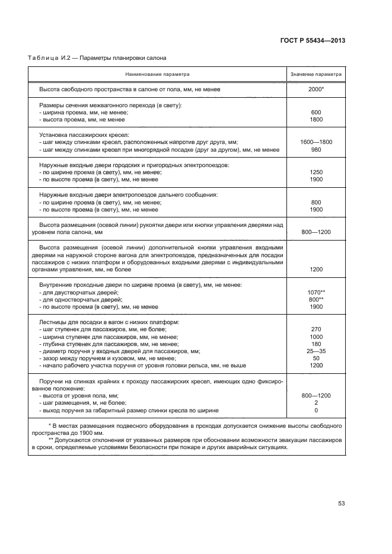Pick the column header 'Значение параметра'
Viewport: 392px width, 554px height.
(x=315, y=75)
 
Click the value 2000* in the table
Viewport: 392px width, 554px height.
(x=315, y=89)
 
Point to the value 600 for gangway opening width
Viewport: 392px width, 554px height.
(x=315, y=112)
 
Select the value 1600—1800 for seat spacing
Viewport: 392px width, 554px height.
(x=315, y=142)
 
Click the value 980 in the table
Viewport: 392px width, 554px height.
(x=315, y=150)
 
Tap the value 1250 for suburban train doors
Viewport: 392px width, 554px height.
(x=315, y=172)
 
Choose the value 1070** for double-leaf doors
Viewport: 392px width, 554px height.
(x=315, y=292)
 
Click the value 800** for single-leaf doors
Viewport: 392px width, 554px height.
(x=315, y=300)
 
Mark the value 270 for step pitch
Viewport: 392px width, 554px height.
(x=315, y=329)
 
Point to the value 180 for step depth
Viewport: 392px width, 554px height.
(x=315, y=344)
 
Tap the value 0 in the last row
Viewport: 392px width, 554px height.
(x=315, y=410)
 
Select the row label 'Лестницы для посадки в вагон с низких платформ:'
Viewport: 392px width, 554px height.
(x=109, y=322)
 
